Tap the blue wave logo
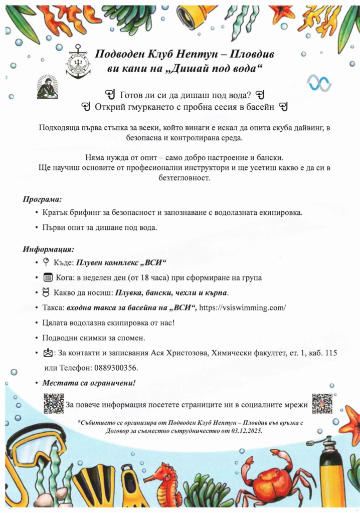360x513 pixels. coord(319,83)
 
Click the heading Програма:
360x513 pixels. coord(42,199)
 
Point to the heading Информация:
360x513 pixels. coord(48,249)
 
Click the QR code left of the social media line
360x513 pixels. coord(54,403)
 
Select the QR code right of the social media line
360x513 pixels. coord(322,403)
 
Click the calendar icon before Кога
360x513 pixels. coord(48,278)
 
